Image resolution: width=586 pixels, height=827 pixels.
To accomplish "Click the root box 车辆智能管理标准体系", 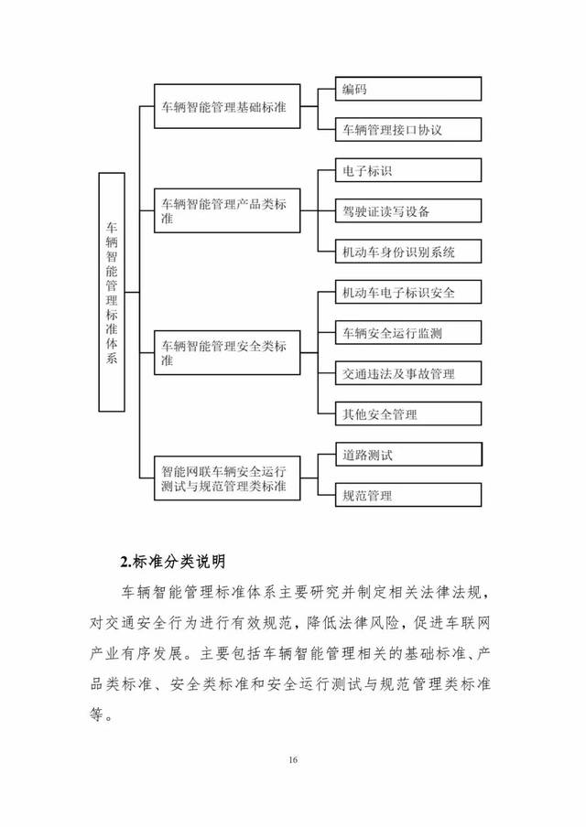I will tap(112, 292).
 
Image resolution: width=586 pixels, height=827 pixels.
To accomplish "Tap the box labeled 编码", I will tap(408, 89).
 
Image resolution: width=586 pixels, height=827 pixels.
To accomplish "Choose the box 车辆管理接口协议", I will tap(408, 130).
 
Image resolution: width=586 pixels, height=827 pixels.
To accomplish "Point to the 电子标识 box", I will tap(408, 171).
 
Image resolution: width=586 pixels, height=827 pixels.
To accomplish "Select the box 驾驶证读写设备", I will tap(408, 211).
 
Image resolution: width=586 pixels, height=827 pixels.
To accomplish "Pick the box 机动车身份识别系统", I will tap(408, 252).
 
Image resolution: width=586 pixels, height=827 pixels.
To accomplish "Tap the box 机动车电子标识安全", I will tap(408, 293).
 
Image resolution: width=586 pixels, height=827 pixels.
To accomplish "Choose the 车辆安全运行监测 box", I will tap(408, 333).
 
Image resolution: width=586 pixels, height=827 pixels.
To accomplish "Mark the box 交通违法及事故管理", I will tap(408, 373).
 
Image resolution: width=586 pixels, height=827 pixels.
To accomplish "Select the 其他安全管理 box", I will tap(408, 414).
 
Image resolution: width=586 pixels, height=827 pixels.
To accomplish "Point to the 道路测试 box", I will tap(408, 455).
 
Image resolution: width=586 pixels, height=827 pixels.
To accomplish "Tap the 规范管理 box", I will tap(408, 496).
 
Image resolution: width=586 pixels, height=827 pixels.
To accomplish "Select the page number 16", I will tap(293, 760).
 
